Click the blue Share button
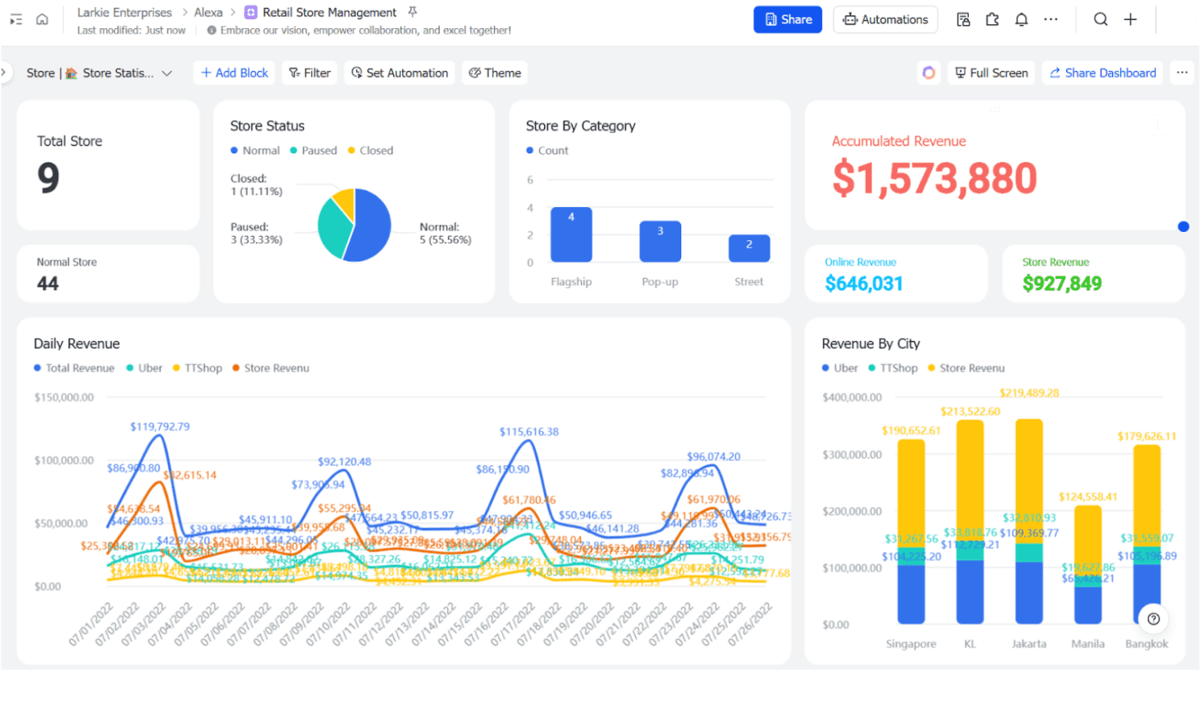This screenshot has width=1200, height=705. tap(787, 19)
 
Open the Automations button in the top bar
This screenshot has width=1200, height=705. tap(885, 19)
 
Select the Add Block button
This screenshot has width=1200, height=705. tap(234, 73)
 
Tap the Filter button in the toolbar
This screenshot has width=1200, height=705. tap(309, 73)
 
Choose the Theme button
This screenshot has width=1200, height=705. tap(495, 73)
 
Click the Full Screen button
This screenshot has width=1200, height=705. tap(991, 73)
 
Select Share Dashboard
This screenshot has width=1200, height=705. tap(1102, 73)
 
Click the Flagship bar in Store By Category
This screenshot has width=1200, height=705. tap(571, 234)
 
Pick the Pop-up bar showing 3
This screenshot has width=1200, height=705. tap(660, 242)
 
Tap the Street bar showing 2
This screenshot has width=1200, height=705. tap(749, 248)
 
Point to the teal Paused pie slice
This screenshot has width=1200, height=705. tap(334, 230)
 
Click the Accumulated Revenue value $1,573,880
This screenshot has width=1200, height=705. tap(934, 178)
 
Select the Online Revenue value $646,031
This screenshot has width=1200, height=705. tap(863, 284)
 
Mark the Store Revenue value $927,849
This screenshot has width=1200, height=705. tap(1061, 284)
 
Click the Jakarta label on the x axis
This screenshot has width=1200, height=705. tap(1029, 644)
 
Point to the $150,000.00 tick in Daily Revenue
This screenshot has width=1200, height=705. tap(64, 397)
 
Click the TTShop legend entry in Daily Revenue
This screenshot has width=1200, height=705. tap(197, 368)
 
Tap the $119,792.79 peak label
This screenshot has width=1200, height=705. tap(160, 426)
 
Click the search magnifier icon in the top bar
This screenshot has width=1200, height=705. tap(1100, 19)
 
